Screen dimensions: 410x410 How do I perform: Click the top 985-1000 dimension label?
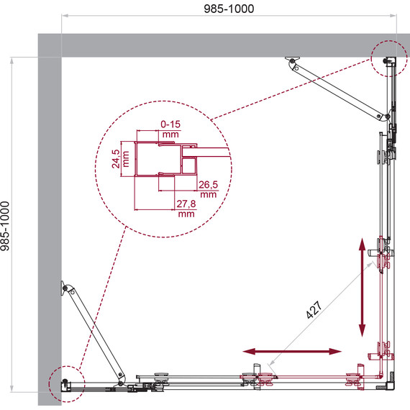[229, 9]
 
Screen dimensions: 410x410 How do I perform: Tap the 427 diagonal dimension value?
[314, 310]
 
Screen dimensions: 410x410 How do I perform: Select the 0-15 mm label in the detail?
[170, 129]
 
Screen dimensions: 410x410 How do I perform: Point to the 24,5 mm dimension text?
[120, 159]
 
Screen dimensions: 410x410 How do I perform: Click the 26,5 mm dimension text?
[208, 189]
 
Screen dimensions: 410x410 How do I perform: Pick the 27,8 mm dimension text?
[186, 209]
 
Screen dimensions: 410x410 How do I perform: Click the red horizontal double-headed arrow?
[292, 352]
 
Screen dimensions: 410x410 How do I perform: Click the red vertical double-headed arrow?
[362, 287]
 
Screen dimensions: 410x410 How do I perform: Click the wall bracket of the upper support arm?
[292, 60]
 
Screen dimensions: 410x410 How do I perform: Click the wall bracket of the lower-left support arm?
[64, 288]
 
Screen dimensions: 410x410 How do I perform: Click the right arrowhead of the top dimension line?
[393, 16]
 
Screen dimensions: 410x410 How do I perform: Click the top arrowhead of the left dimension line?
[12, 61]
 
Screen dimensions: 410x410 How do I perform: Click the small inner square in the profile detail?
[188, 166]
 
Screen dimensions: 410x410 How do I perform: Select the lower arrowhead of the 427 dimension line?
[272, 362]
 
